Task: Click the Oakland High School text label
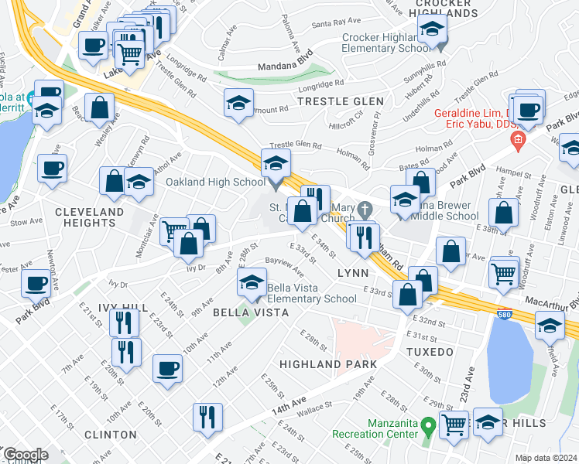[215, 183]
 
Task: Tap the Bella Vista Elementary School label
[311, 293]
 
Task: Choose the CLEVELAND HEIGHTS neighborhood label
[89, 217]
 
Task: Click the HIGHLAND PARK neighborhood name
[327, 363]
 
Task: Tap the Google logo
[26, 455]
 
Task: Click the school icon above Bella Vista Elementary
[252, 284]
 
